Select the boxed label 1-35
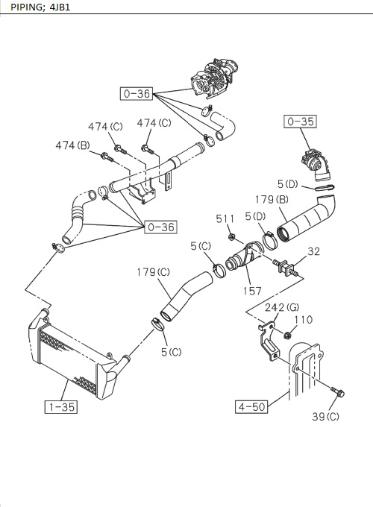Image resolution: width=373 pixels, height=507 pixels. [58, 407]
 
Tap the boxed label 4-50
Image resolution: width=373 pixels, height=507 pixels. [251, 407]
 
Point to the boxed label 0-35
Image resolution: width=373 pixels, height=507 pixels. [300, 119]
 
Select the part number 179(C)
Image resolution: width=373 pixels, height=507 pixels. [153, 272]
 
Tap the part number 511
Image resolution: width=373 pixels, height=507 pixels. [223, 218]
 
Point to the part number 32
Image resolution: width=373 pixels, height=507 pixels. [313, 252]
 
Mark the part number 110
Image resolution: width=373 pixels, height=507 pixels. [304, 321]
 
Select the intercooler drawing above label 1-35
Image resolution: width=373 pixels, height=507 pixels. [71, 354]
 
